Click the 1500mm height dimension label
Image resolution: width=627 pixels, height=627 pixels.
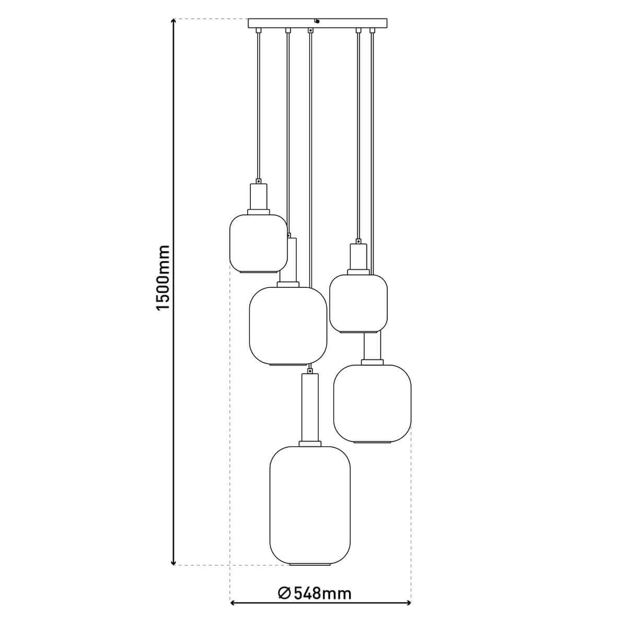tap(164, 277)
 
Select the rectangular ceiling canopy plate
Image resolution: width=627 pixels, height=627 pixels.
tap(318, 24)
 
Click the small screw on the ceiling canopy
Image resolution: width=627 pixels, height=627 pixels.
tap(317, 21)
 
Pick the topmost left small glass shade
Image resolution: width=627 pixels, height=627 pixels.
tap(259, 243)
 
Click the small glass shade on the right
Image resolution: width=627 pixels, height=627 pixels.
tap(358, 303)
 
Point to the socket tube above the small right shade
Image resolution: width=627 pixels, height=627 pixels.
tap(358, 257)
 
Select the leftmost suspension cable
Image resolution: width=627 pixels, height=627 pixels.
tap(258, 104)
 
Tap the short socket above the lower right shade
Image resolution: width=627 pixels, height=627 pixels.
tap(373, 346)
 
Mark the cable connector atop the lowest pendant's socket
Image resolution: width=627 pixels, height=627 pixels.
tap(310, 370)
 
